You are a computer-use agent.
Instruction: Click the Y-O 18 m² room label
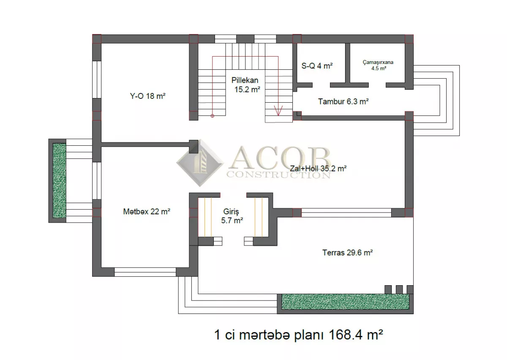point(147,96)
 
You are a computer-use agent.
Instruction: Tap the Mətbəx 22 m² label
point(147,211)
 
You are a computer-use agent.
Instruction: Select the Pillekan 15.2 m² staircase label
point(246,85)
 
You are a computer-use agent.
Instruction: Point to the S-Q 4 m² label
point(317,66)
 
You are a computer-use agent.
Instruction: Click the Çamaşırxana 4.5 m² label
point(378,65)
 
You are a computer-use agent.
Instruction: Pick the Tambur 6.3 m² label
point(343,101)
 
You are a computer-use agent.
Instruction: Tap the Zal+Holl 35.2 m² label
point(318,169)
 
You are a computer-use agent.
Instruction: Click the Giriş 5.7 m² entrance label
point(232,216)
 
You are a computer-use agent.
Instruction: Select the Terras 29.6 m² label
point(347,252)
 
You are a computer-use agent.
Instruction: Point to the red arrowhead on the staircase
point(278,110)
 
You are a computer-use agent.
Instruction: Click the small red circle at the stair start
point(212,116)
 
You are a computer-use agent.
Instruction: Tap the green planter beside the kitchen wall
point(60,181)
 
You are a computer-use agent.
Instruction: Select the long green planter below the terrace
point(346,302)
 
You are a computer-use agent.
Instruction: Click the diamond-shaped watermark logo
point(200,163)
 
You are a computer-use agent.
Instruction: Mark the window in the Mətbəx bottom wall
point(145,272)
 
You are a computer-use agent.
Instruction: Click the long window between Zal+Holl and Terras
point(346,213)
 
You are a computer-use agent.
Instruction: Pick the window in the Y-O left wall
point(97,79)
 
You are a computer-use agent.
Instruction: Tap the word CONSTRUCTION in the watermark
point(278,175)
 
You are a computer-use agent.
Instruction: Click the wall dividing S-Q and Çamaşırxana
point(348,63)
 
